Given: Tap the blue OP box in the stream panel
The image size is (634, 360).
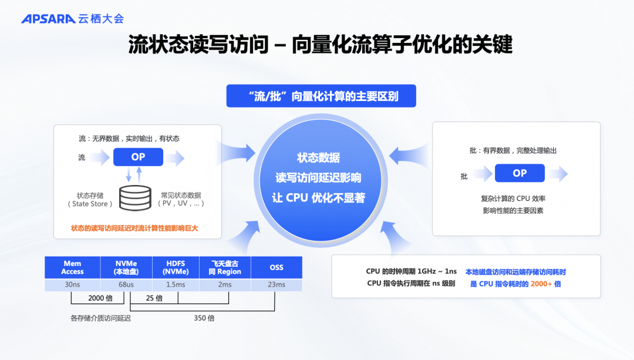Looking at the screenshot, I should click(x=138, y=157).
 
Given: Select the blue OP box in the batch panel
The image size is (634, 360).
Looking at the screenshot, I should click(x=520, y=173).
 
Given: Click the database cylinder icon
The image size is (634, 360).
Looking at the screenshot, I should click(x=135, y=198).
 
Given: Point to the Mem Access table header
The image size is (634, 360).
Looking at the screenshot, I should click(x=73, y=267).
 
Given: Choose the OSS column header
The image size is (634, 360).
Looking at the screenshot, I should click(x=276, y=267).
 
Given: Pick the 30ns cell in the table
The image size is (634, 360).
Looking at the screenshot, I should click(x=73, y=285).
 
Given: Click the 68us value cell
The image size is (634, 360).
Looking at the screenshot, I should click(x=126, y=285).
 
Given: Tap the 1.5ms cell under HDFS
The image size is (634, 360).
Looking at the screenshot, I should click(x=176, y=285).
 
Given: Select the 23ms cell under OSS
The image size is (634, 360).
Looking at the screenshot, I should click(x=276, y=285).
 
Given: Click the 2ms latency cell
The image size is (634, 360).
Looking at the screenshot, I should click(x=224, y=285).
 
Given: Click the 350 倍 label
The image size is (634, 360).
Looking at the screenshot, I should click(x=204, y=318).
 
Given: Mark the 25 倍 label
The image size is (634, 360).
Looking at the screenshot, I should click(x=154, y=298).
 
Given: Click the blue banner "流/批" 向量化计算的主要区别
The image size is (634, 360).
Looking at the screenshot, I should click(x=321, y=96).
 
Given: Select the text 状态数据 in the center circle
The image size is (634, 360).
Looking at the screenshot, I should click(x=318, y=158).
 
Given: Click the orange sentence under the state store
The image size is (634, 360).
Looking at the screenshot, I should click(x=134, y=228).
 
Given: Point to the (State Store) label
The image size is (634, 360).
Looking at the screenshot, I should click(x=90, y=204).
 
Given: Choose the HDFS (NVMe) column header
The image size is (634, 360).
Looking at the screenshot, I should click(x=176, y=267).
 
